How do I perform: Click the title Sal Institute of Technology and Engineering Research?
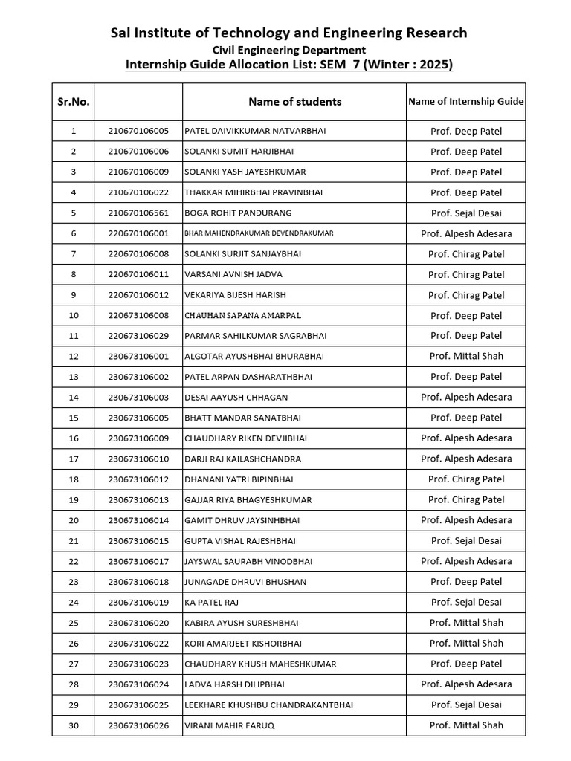[x=288, y=33]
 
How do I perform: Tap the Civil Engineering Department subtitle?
[x=288, y=50]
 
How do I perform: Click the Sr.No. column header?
[x=73, y=102]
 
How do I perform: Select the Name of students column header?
[x=294, y=102]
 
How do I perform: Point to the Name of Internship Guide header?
[x=466, y=102]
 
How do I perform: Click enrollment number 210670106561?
[x=138, y=213]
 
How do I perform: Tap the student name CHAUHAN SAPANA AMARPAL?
[x=242, y=316]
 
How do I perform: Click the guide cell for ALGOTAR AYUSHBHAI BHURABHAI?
[x=466, y=357]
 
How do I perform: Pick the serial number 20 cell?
[x=73, y=520]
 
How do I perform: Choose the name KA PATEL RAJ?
[x=212, y=603]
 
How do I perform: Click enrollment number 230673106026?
[x=138, y=725]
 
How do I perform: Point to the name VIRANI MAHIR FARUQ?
[x=229, y=725]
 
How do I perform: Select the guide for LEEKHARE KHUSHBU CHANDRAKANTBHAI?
[x=466, y=705]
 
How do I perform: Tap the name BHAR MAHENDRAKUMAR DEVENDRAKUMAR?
[x=259, y=233]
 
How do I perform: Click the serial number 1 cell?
[x=73, y=132]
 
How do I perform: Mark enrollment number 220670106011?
[x=138, y=274]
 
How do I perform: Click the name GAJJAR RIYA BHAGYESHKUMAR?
[x=248, y=500]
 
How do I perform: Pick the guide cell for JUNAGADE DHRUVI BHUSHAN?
[x=466, y=582]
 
